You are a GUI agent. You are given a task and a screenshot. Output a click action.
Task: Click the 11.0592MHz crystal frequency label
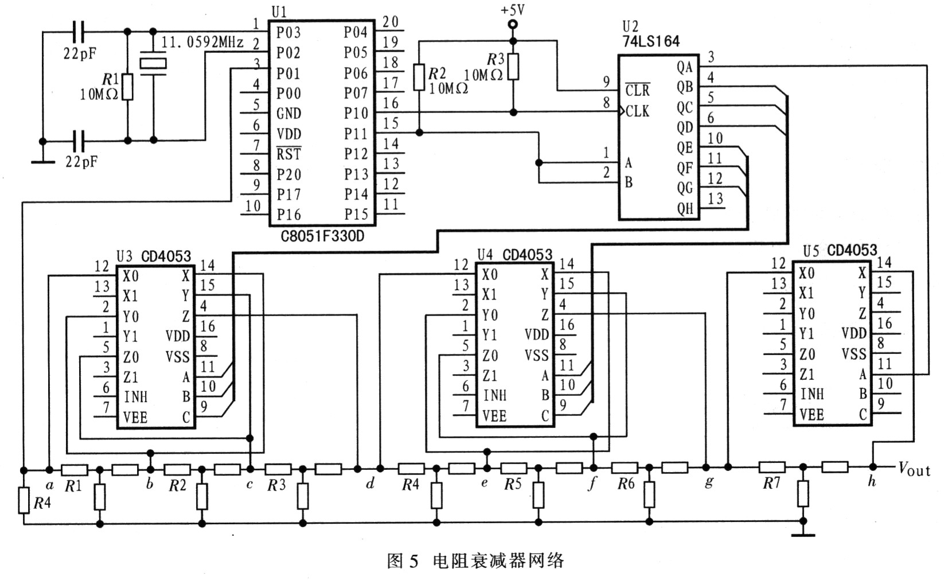(x=202, y=42)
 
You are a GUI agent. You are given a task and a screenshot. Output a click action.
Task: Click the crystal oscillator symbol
(x=153, y=64)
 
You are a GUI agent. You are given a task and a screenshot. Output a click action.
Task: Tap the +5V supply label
(x=513, y=9)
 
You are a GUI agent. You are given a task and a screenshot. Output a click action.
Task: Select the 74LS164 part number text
(x=651, y=41)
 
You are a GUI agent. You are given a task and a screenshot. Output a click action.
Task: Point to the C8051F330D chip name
(x=322, y=236)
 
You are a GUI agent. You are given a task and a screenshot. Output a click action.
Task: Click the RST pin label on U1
(x=288, y=154)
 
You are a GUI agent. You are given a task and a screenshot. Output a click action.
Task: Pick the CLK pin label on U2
(x=637, y=112)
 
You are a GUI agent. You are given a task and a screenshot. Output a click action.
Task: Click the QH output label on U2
(x=685, y=208)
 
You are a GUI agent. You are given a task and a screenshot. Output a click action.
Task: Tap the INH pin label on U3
(x=136, y=396)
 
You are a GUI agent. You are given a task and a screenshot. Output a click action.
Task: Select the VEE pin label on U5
(x=812, y=415)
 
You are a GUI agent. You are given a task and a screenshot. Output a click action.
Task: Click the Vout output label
(x=914, y=469)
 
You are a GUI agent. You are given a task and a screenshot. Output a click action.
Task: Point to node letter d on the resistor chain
(x=370, y=483)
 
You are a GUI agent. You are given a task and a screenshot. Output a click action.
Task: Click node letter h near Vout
(x=872, y=481)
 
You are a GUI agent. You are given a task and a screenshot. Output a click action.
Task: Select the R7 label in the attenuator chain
(x=771, y=483)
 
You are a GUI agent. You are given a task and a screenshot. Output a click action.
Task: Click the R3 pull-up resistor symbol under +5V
(x=513, y=67)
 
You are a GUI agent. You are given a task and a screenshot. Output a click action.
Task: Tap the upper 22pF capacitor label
(x=80, y=53)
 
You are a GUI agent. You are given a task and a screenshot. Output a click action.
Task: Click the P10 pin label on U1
(x=356, y=113)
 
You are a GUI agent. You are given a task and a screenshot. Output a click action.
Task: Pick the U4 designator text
(x=485, y=255)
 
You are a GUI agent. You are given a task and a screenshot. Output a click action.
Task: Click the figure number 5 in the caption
(x=414, y=561)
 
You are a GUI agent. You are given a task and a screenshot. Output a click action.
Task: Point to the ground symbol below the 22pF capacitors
(x=42, y=162)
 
